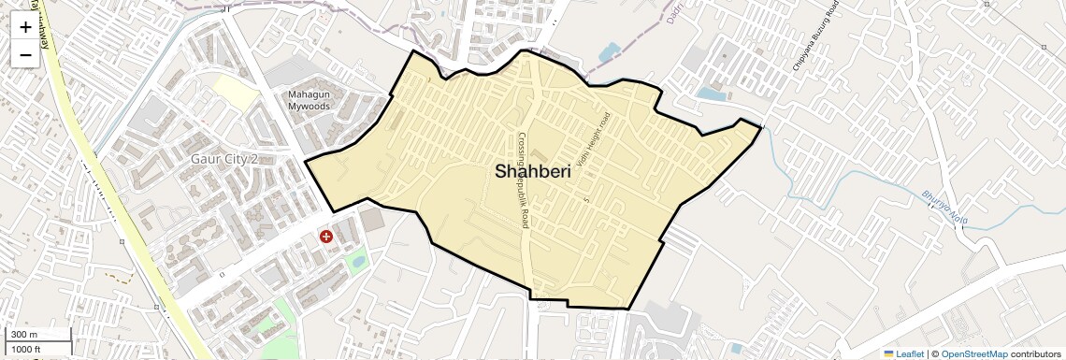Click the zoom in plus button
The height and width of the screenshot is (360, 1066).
point(25,27)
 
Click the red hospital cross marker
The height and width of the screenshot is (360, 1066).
point(326,238)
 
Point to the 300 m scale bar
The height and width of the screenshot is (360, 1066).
point(37,335)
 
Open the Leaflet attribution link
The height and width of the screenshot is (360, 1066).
point(910,354)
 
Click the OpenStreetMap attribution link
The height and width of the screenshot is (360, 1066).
point(973,354)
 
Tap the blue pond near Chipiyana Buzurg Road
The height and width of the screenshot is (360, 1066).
point(712,94)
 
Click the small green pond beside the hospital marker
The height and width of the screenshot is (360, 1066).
point(355,262)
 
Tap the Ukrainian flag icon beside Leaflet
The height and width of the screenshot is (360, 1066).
point(888,354)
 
